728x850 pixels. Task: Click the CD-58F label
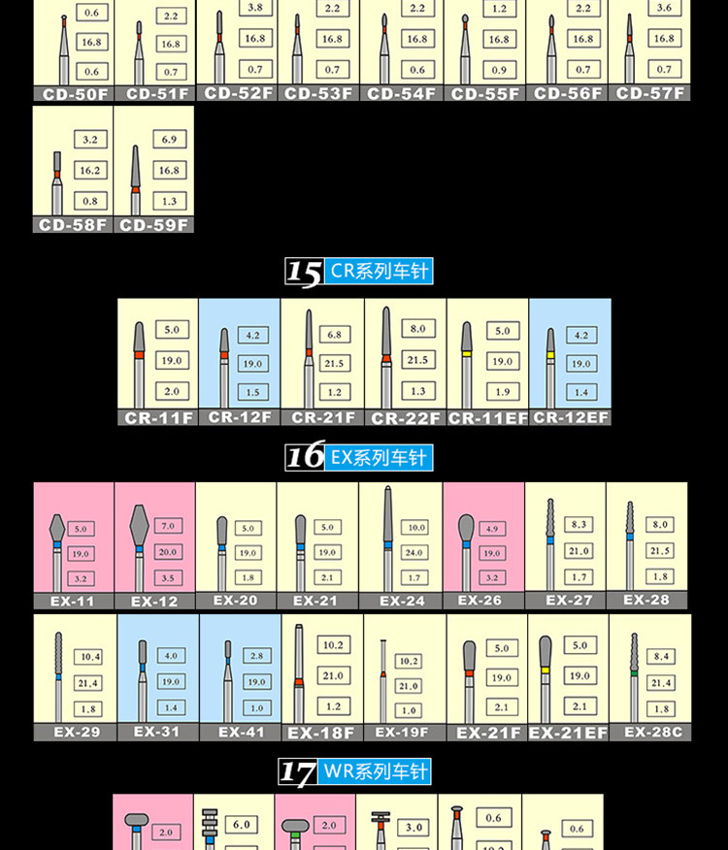coord(73,225)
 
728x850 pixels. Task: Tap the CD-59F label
coord(154,225)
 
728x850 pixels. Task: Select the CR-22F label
coord(406,418)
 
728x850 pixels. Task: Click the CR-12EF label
coord(571,417)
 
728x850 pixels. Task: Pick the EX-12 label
coord(154,602)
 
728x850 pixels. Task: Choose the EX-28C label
coord(650,732)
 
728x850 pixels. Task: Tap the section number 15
coord(304,273)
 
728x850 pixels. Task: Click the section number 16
coord(304,456)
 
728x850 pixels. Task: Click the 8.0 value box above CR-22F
coord(417,329)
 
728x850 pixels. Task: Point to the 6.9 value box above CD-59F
coord(169,140)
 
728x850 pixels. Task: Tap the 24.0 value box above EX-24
coord(415,552)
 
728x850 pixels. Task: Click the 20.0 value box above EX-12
coord(168,551)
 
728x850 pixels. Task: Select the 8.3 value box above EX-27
coord(579,524)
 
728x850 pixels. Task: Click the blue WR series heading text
coord(376,772)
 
